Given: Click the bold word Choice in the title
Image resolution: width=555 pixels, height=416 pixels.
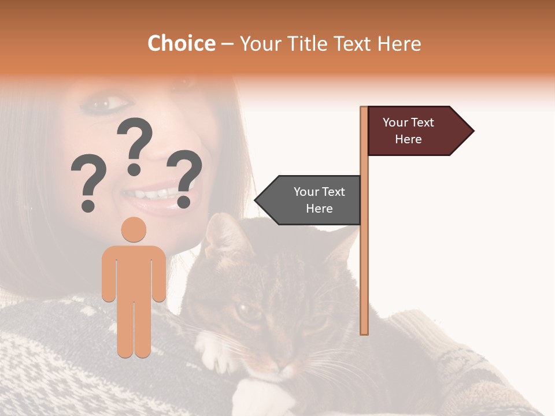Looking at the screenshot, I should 181,43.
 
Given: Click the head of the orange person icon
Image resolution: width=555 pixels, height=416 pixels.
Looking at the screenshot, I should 134,229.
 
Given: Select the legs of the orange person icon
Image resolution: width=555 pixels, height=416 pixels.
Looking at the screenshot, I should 134,326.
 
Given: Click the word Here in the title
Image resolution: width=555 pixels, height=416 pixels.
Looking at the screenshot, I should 399,43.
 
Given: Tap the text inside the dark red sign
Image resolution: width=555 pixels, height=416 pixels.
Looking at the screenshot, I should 408,131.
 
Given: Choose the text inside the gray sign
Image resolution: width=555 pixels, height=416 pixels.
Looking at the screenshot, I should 319,200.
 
